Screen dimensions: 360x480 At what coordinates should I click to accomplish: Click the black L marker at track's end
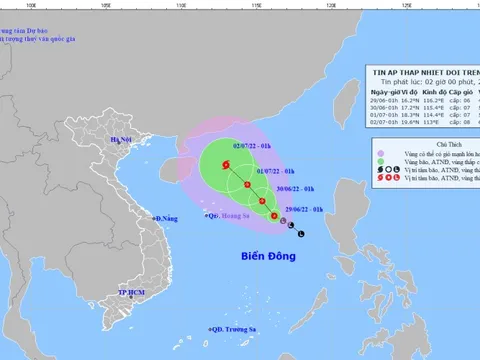click(x=292, y=235)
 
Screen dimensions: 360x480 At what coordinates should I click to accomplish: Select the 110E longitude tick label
click(x=181, y=4)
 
